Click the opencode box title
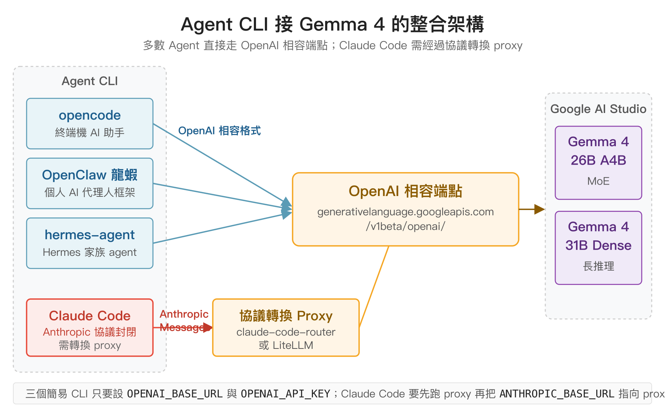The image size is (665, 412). pos(90,116)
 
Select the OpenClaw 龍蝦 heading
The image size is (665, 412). pos(90,175)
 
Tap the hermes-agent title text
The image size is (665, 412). pos(90,235)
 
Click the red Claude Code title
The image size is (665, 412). pos(90,316)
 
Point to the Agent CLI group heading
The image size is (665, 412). pos(90,81)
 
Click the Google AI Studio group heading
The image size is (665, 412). pos(598,109)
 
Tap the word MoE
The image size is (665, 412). pos(598,181)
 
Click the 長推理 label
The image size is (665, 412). pos(598,266)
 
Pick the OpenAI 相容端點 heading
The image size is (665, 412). pos(405,192)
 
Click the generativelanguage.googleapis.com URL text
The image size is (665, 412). pos(405,212)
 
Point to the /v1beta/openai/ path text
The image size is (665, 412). pos(405,226)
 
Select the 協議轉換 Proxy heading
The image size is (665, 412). pos(286,316)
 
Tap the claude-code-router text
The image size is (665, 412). pos(286,332)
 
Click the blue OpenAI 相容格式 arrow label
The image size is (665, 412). pos(219,131)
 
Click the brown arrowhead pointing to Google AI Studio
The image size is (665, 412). pos(540,209)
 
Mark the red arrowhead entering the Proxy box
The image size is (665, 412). pos(208,327)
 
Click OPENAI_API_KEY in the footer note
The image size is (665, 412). pos(285,394)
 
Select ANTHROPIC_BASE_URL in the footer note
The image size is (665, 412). pos(557,394)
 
